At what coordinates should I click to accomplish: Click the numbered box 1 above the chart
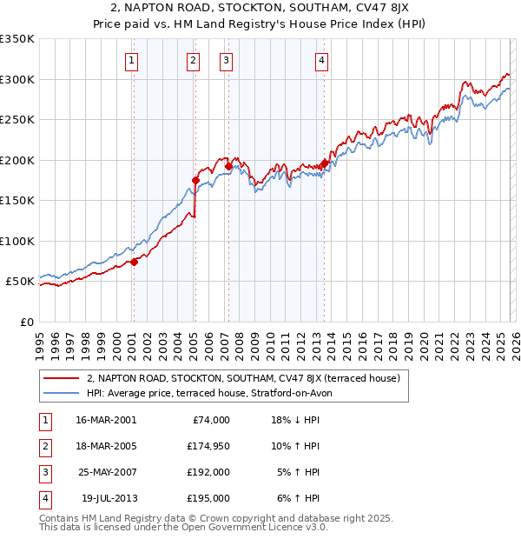tap(130, 60)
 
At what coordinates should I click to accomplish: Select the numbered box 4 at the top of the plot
tap(321, 60)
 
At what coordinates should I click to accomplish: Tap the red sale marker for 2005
tap(195, 181)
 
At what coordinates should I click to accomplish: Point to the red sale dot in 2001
tap(134, 262)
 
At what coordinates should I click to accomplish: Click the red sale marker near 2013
tap(324, 163)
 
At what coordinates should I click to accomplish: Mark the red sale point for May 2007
tap(228, 166)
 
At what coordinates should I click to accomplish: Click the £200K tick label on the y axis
tap(17, 160)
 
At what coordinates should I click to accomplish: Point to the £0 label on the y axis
tap(26, 322)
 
